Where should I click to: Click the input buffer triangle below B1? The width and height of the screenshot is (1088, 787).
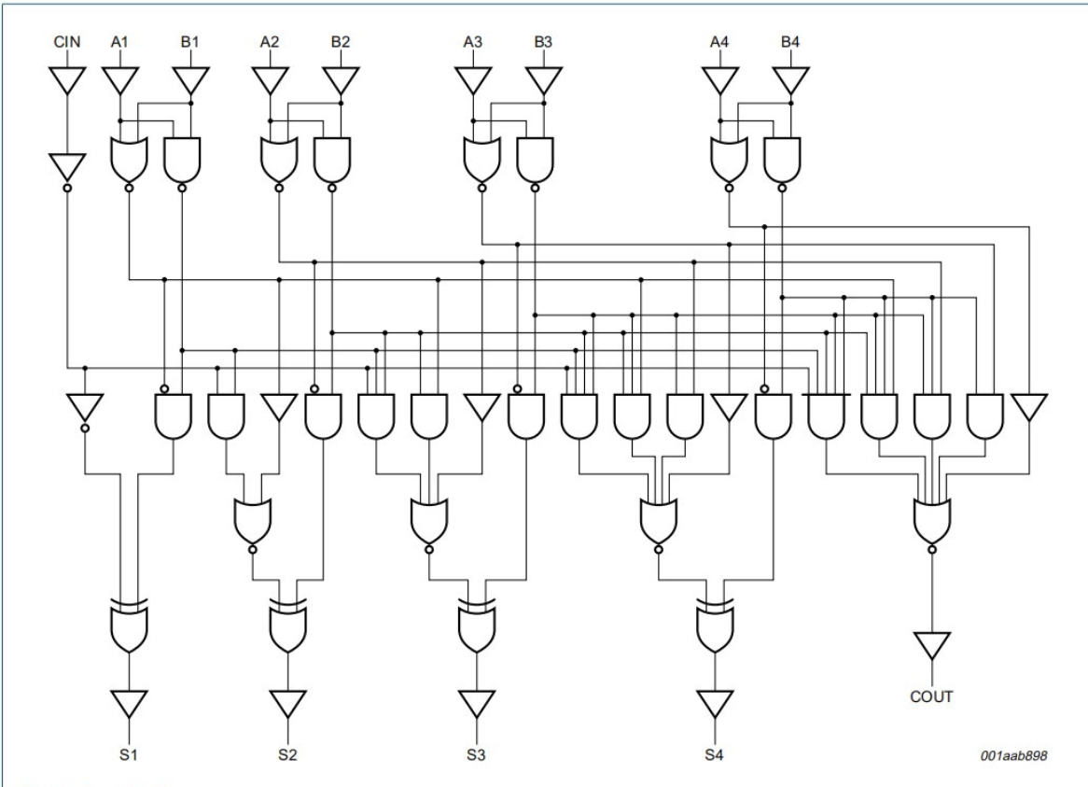point(190,80)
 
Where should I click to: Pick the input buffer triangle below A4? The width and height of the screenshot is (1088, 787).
point(719,80)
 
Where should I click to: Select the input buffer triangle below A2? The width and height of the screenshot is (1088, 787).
point(270,80)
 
